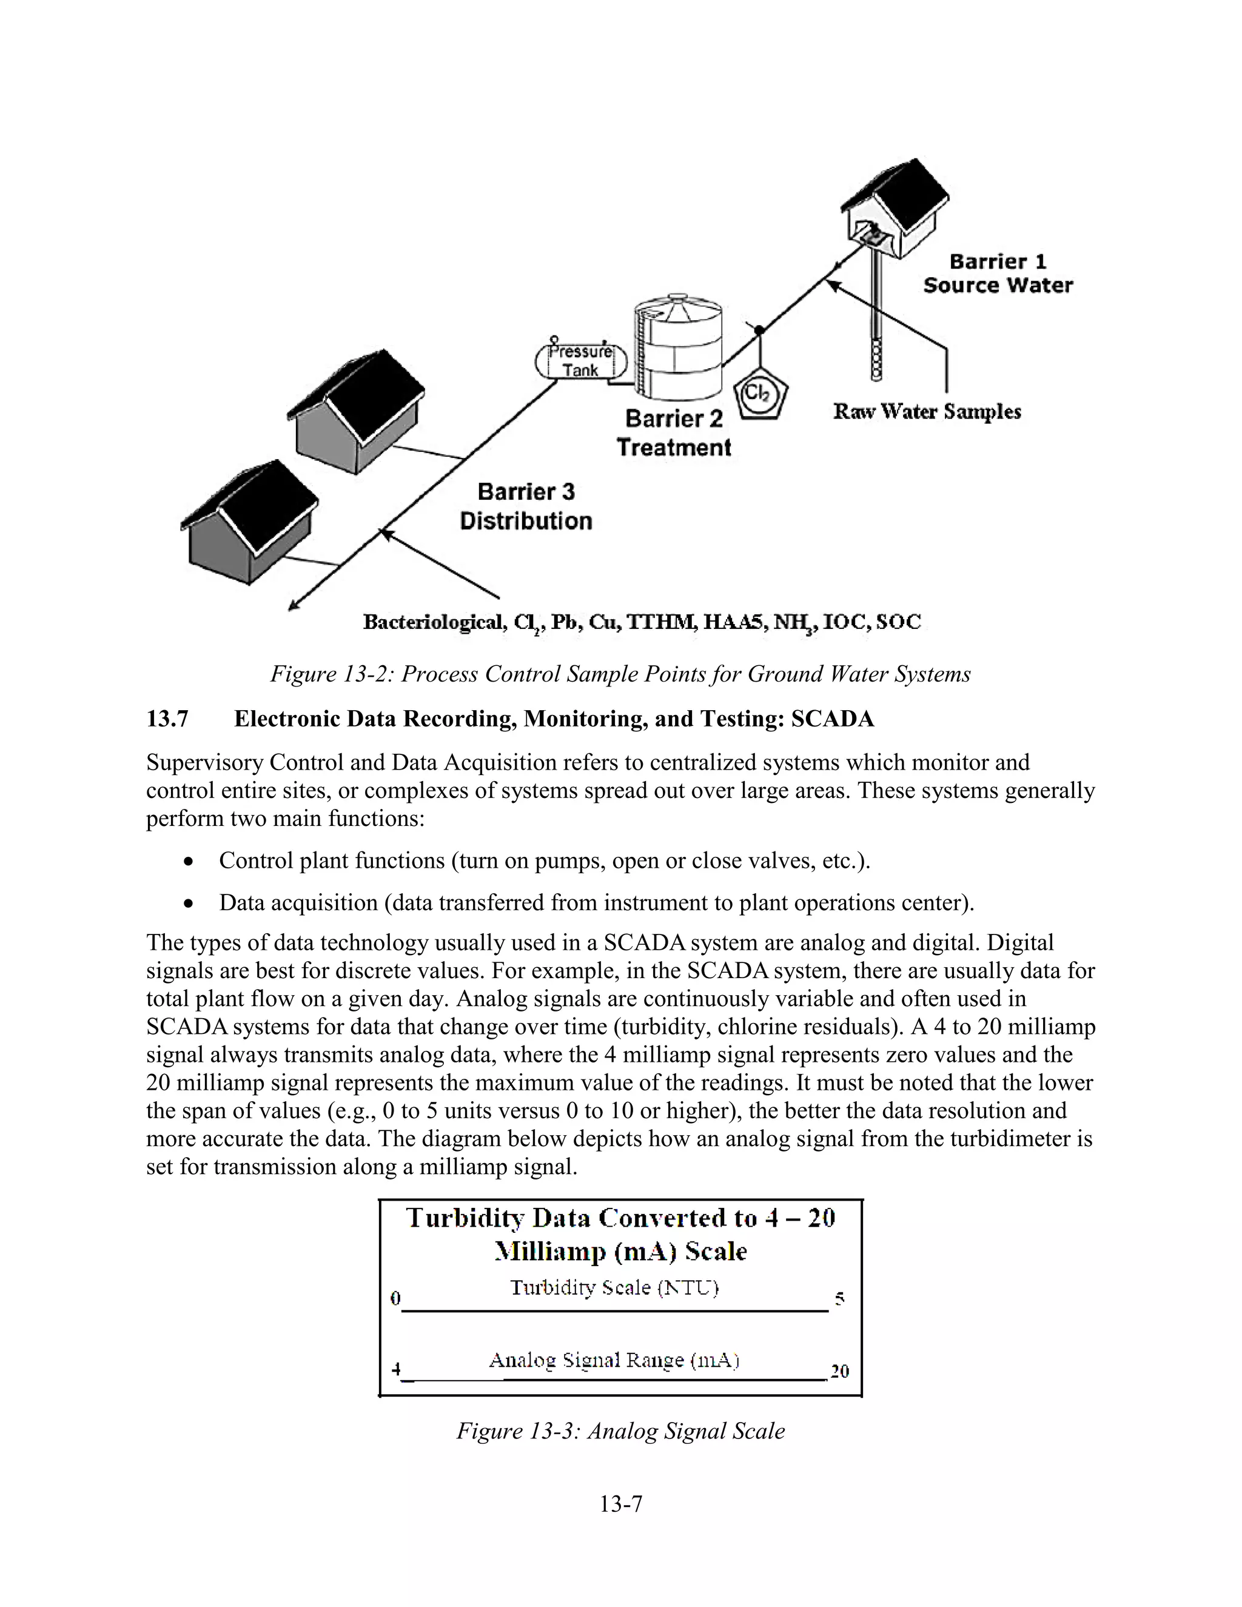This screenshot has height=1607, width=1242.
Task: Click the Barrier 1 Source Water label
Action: click(x=998, y=273)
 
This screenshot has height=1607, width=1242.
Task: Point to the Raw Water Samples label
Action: click(x=927, y=412)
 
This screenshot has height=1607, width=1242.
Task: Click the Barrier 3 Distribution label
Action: click(x=526, y=506)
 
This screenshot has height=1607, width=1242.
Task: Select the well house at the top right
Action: click(x=895, y=206)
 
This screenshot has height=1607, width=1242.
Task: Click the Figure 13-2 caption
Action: click(x=620, y=674)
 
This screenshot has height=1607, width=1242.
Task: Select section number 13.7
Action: click(x=168, y=719)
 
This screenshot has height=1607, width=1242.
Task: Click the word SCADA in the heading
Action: click(x=832, y=719)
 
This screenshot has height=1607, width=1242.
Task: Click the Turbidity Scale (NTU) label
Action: click(x=614, y=1287)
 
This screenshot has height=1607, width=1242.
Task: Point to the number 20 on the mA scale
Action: click(x=839, y=1372)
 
